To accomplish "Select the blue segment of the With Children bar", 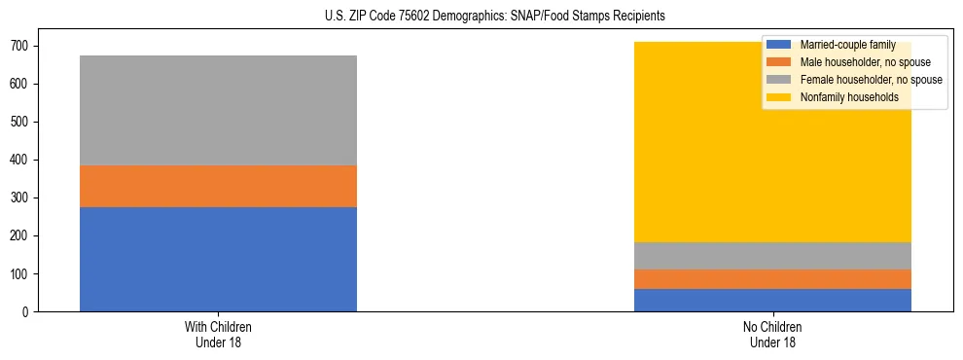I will (x=218, y=259).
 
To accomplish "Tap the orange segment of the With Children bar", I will (x=218, y=186).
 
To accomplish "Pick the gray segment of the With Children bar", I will (x=218, y=110).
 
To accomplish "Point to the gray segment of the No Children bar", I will (x=772, y=255).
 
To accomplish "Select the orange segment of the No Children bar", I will (x=772, y=279).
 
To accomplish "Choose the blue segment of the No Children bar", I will (x=772, y=300).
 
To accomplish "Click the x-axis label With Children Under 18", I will (x=218, y=334).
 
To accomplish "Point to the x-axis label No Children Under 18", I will (x=772, y=334).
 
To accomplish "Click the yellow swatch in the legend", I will (x=779, y=97).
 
